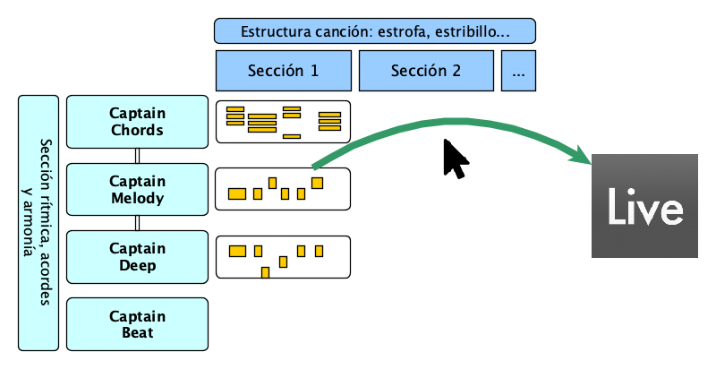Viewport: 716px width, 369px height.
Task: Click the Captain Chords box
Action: click(x=137, y=122)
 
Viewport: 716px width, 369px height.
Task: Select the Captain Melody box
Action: click(x=137, y=190)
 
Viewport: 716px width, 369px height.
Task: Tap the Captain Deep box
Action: click(x=137, y=257)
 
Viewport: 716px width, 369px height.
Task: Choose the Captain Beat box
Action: click(x=137, y=324)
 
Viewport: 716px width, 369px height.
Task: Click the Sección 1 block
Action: click(x=283, y=71)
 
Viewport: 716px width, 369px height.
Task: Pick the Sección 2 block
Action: click(x=426, y=71)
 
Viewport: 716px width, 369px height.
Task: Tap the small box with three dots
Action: click(x=518, y=71)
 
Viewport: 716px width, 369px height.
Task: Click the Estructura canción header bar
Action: click(x=374, y=31)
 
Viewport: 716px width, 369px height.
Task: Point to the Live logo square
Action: click(x=644, y=207)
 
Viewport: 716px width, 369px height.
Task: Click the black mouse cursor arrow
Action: click(x=455, y=159)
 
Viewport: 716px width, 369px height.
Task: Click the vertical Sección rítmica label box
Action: click(x=38, y=222)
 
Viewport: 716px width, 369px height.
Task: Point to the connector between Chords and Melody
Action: click(x=137, y=156)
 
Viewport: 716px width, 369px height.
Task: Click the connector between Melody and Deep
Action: click(x=137, y=224)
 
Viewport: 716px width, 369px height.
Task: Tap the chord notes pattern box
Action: click(x=283, y=123)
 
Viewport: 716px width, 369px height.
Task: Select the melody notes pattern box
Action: click(x=283, y=189)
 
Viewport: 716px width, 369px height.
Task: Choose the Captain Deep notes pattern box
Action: click(x=283, y=257)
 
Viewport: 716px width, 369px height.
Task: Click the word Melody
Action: click(x=137, y=198)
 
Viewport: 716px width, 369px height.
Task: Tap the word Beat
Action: click(x=137, y=333)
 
